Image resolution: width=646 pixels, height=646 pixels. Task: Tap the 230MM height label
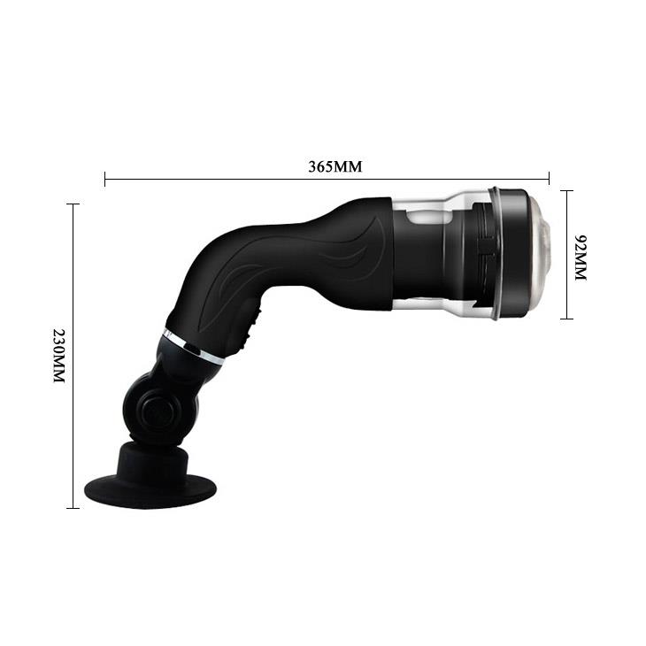[x=59, y=357]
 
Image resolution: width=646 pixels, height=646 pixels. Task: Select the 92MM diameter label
[x=581, y=258]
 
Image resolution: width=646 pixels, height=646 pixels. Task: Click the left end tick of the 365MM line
[x=105, y=179]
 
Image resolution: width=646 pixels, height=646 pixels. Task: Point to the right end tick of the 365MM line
[x=550, y=179]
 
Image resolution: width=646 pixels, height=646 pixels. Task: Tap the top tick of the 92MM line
[x=567, y=190]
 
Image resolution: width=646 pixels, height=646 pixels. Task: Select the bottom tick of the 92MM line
[x=567, y=319]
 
